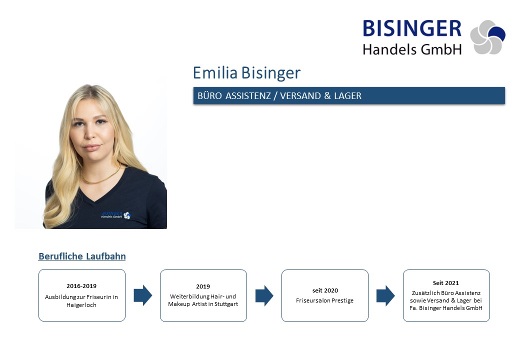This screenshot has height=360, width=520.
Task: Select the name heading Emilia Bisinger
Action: click(246, 73)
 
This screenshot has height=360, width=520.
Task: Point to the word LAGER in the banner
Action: click(347, 96)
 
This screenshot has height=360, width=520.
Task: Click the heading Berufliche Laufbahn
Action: click(82, 256)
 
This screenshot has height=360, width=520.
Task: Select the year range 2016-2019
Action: click(81, 285)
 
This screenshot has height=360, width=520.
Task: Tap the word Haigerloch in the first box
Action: click(81, 305)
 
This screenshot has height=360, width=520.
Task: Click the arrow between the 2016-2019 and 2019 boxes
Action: click(143, 295)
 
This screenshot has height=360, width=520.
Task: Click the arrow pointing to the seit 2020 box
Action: click(264, 295)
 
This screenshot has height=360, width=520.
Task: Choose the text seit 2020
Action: click(325, 290)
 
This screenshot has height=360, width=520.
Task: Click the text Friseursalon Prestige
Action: click(324, 300)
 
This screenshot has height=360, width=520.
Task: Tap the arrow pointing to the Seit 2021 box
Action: click(385, 295)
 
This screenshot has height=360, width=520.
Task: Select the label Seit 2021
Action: click(445, 283)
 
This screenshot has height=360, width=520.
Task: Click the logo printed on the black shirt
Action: click(115, 215)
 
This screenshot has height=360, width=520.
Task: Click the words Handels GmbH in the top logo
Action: click(412, 49)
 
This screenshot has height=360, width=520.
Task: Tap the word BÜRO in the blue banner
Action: click(209, 96)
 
